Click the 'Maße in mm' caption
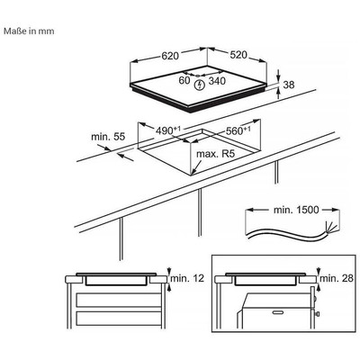[x=29, y=31]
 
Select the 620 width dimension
[x=170, y=56]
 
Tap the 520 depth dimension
[x=238, y=55]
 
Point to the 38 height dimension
[x=289, y=85]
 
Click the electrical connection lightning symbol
[x=199, y=85]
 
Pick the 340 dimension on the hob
[x=217, y=81]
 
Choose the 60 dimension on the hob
[x=184, y=80]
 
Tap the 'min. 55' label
[x=108, y=137]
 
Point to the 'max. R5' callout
[x=215, y=154]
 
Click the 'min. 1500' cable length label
[x=296, y=210]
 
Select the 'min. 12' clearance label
[x=187, y=278]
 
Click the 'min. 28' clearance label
[x=337, y=278]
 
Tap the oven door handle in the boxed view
[x=279, y=312]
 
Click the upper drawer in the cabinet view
[x=119, y=300]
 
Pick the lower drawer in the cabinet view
[x=119, y=319]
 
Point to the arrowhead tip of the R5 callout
[x=192, y=175]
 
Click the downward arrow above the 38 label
[x=279, y=75]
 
